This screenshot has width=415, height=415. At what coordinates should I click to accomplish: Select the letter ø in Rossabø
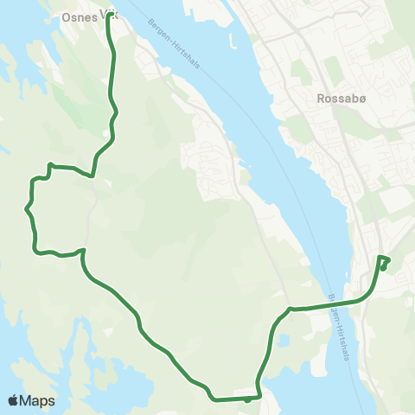coord(349,98)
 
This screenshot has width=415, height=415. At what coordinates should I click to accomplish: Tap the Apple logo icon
coord(13,400)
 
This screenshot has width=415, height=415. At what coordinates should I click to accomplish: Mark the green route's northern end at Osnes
coord(108,17)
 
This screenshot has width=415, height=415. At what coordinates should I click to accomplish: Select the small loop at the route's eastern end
coord(383,261)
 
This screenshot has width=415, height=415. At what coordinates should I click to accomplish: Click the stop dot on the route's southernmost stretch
coord(247,399)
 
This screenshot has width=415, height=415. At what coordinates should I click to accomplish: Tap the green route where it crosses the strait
coord(333,303)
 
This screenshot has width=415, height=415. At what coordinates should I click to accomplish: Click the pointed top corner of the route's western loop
coord(50,164)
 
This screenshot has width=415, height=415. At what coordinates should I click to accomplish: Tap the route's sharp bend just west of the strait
coord(290,309)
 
